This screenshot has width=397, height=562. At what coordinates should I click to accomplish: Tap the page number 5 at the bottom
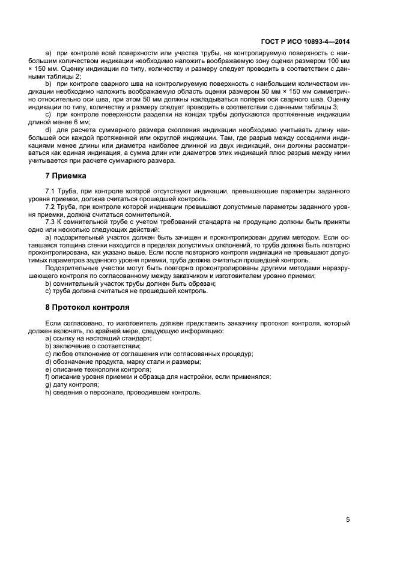pyautogui.click(x=348, y=520)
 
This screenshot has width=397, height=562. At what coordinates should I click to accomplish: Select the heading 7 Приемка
pyautogui.click(x=67, y=176)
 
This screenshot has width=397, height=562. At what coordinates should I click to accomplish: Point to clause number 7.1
pyautogui.click(x=50, y=191)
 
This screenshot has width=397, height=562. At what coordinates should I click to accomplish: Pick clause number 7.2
pyautogui.click(x=50, y=207)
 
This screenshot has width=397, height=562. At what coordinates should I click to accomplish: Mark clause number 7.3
pyautogui.click(x=50, y=222)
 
